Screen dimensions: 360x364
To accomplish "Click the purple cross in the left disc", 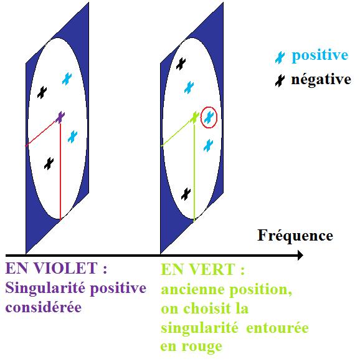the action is coord(60,117).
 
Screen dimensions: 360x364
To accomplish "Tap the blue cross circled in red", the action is coord(209,117).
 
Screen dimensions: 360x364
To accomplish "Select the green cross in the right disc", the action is coord(194,117).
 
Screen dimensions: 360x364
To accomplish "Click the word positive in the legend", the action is coord(320,56).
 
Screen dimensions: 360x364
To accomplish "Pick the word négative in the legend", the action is coord(321,80).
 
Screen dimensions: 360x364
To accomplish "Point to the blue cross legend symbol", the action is coord(280,57).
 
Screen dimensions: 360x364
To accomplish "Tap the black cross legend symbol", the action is coord(280,80).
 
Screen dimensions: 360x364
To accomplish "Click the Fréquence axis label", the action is coord(295,236).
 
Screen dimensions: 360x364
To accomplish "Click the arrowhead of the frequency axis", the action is coord(300,256).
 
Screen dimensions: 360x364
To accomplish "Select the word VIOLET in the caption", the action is coord(65,268).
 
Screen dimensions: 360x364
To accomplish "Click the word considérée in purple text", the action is coord(44,307).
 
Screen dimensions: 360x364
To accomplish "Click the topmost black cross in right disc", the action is coord(181,64).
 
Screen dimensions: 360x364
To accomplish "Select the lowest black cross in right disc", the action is coord(186,194).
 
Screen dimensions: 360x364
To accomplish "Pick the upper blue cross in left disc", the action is coord(67,79).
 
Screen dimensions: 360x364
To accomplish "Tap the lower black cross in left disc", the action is coord(49,164).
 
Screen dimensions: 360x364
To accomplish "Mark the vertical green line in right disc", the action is coord(194,172).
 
